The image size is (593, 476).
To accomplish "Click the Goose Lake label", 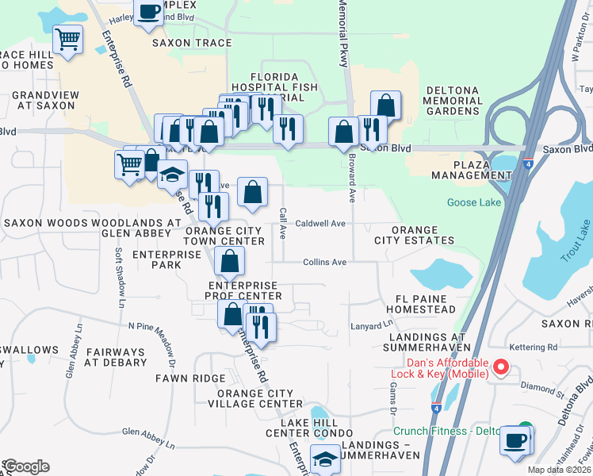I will click(x=473, y=202).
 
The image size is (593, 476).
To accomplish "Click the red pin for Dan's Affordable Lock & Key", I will click(x=500, y=367).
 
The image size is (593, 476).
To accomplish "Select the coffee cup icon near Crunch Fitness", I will click(x=515, y=440).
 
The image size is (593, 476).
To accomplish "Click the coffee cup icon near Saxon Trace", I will click(x=149, y=11).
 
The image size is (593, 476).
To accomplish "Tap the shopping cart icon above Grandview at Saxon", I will click(x=68, y=38).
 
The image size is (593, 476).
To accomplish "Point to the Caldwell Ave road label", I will click(x=320, y=224).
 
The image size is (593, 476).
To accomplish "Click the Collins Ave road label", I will click(x=324, y=262).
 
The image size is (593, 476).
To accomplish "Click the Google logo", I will click(x=26, y=466).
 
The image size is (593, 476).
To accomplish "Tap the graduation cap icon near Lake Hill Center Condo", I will click(x=325, y=458).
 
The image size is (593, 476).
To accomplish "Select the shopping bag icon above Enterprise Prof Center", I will click(x=229, y=261).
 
